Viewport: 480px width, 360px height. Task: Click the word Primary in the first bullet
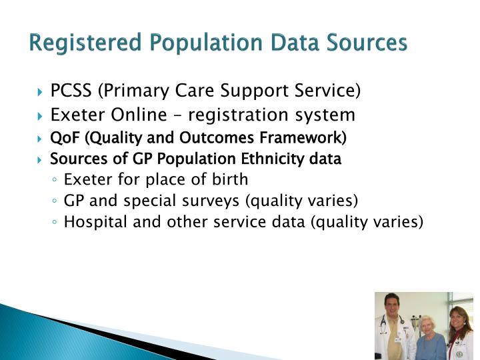click(134, 90)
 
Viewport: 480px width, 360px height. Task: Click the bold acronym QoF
click(65, 138)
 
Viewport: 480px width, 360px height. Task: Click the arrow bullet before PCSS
click(41, 91)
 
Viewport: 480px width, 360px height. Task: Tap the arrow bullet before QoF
click(41, 139)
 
